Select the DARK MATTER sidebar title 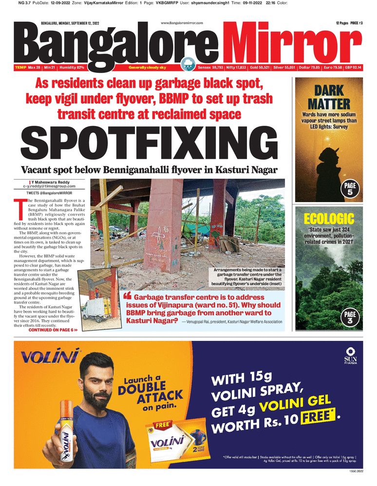click(x=329, y=97)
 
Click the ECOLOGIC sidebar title click(x=329, y=218)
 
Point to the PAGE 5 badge click(x=350, y=189)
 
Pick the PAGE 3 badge click(x=350, y=318)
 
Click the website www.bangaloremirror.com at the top click(x=182, y=23)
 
